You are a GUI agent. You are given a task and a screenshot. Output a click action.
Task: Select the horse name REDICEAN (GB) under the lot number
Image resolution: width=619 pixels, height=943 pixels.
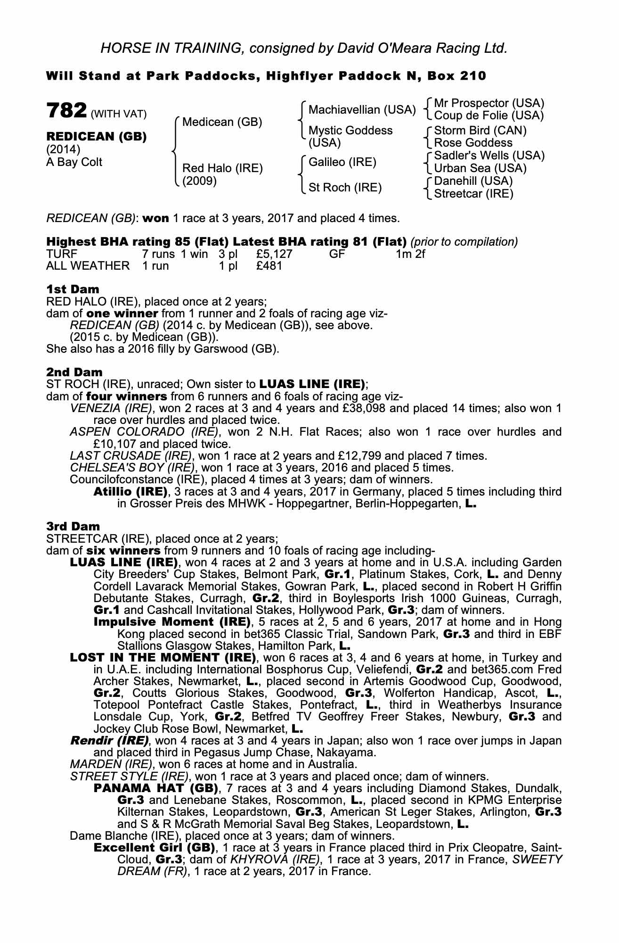point(96,137)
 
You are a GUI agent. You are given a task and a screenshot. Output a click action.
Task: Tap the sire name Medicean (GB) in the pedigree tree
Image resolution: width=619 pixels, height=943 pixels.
point(222,122)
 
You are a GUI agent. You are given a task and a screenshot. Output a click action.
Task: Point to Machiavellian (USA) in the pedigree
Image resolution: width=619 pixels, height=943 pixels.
point(362,110)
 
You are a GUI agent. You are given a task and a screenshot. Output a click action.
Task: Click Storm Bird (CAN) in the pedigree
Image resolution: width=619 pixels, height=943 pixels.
point(480,130)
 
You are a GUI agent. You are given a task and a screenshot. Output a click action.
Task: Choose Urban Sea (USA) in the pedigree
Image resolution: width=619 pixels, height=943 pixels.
point(480,168)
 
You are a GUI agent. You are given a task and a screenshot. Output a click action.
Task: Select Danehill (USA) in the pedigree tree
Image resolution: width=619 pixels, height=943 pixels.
point(473,181)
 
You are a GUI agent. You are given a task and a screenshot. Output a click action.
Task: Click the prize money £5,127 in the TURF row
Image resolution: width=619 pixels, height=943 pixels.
point(274,254)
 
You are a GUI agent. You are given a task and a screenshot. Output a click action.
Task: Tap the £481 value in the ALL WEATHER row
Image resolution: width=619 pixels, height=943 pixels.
point(269,266)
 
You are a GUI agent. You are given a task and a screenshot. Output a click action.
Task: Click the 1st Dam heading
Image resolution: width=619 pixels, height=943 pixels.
point(73,289)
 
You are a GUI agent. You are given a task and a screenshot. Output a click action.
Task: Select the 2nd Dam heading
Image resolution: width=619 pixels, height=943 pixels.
point(74,372)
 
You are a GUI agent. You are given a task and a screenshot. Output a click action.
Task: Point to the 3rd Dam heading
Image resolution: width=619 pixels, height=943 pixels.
point(73,526)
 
